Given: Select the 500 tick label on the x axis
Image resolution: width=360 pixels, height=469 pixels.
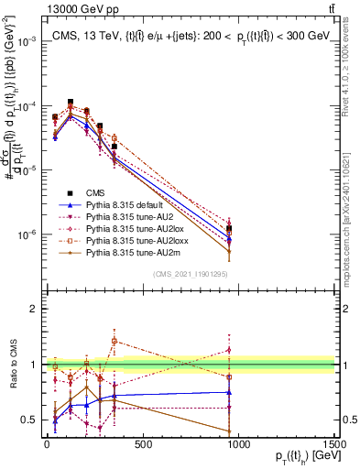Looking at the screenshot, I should (142, 445).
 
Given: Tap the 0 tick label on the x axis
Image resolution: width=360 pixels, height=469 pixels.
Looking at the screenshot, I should (46, 445).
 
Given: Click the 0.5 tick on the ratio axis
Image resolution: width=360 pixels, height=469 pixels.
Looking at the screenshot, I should (27, 420).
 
